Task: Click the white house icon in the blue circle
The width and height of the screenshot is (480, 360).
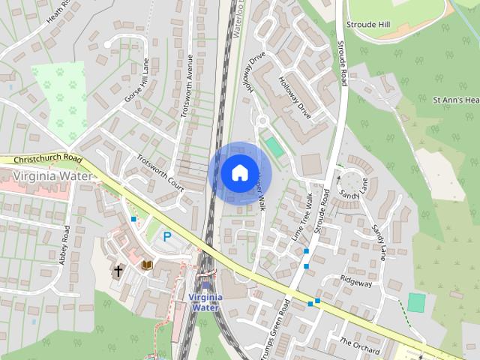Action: click(x=238, y=172)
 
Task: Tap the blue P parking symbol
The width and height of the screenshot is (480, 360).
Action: click(x=167, y=236)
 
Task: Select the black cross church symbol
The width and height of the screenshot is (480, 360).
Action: click(x=118, y=270)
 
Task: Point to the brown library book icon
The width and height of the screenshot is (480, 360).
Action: click(x=147, y=265)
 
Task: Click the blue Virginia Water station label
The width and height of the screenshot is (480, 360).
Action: click(x=204, y=301)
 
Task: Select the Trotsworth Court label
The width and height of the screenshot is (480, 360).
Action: click(x=160, y=172)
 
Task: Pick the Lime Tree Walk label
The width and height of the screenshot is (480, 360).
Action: click(x=301, y=217)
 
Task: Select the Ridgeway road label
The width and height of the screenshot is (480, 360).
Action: click(x=356, y=283)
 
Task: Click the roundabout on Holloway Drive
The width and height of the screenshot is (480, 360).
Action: click(x=262, y=121)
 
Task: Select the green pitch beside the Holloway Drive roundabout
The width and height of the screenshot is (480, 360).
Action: click(x=274, y=147)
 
